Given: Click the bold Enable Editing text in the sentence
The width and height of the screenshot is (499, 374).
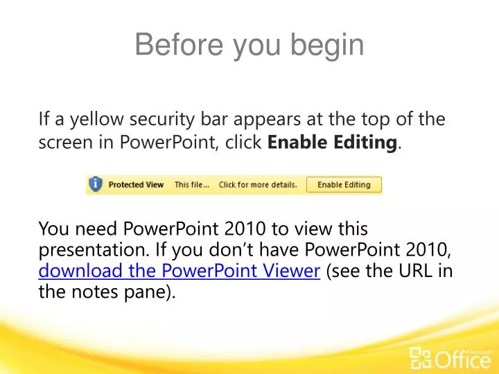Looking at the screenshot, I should [x=333, y=143].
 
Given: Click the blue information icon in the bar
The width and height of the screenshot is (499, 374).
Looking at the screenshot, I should [x=96, y=184].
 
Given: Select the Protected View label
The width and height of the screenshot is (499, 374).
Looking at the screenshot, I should [x=136, y=185].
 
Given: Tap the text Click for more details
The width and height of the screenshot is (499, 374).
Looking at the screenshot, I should [x=258, y=185].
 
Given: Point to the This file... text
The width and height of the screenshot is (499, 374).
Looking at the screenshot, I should [x=192, y=185].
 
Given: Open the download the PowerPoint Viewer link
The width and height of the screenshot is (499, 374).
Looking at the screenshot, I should [x=179, y=271].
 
